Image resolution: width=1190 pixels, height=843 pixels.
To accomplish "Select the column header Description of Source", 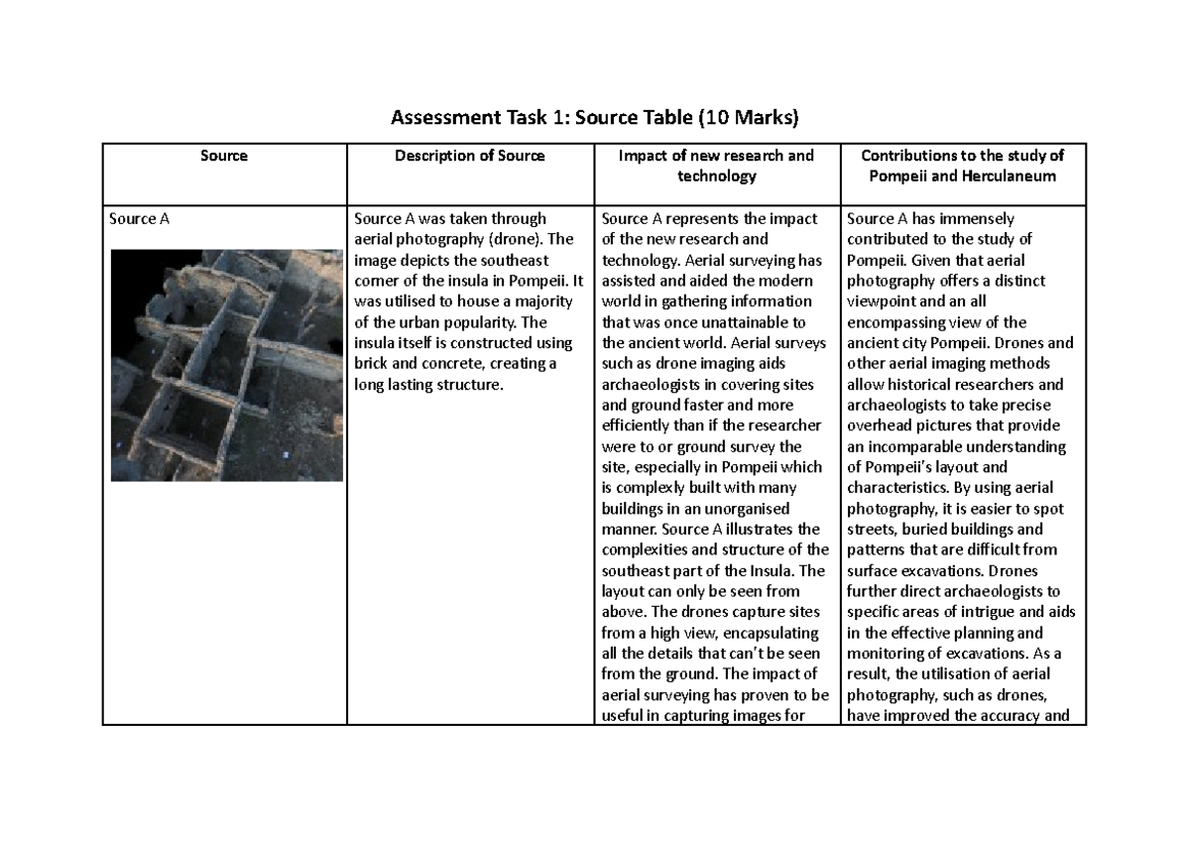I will [x=469, y=156].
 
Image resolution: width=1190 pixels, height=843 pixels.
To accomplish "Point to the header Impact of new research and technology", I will [x=716, y=166].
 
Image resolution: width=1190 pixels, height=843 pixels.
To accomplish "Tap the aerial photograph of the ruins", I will [x=226, y=365].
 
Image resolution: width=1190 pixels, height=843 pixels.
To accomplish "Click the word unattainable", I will [x=737, y=322].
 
